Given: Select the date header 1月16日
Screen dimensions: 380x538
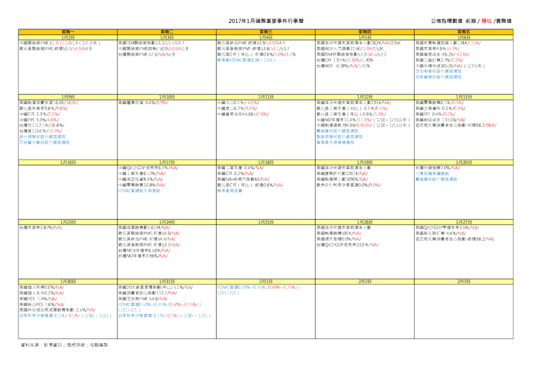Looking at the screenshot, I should pyautogui.click(x=68, y=163).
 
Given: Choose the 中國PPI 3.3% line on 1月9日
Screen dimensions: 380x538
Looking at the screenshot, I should pyautogui.click(x=35, y=119).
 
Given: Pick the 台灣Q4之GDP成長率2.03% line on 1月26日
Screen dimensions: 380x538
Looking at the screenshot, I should pyautogui.click(x=346, y=245).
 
